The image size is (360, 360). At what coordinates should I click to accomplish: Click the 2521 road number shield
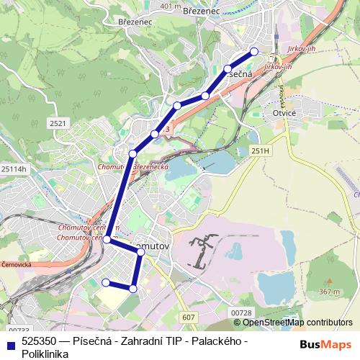58,125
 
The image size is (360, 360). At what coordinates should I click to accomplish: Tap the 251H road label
260,150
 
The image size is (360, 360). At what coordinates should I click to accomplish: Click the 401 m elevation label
171,6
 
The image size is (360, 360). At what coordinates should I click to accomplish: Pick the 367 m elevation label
328,292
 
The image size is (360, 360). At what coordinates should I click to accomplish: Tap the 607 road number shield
189,317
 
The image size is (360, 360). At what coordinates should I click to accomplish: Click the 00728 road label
242,312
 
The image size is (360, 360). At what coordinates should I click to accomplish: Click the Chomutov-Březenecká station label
132,166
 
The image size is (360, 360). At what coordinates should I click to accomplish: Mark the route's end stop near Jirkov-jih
253,51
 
